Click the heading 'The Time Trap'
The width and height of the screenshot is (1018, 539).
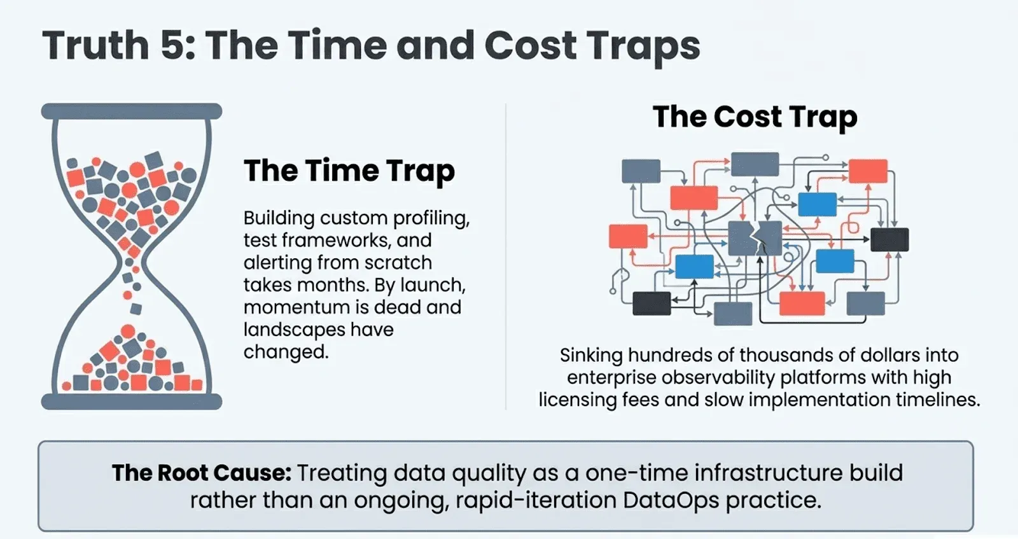pos(349,171)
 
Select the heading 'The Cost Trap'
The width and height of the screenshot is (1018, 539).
pos(755,117)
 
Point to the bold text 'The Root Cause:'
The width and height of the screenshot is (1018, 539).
pos(201,473)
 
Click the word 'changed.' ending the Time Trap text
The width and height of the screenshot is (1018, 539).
pos(286,352)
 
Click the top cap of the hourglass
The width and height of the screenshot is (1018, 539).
pos(132,111)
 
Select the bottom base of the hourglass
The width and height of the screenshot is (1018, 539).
pos(132,402)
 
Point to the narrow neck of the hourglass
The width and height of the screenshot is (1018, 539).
pos(132,263)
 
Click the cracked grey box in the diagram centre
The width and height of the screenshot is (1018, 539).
pos(755,238)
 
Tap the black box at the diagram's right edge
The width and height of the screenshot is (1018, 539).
pos(889,239)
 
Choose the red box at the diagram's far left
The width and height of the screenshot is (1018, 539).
pos(628,236)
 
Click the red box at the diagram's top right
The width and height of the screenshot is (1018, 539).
pos(868,171)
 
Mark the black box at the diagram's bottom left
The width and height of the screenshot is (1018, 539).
pos(652,304)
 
